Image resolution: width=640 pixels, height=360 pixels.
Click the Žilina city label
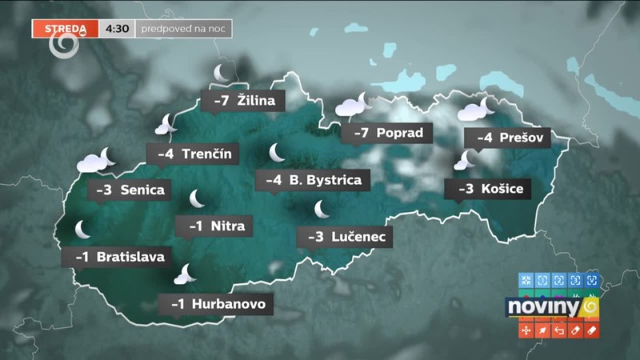tap(244, 101)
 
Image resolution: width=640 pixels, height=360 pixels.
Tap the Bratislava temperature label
tap(119, 257)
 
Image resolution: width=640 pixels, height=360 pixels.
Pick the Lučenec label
tap(346, 237)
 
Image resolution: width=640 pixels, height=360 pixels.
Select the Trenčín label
tap(192, 153)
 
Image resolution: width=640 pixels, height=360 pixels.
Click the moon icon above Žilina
tap(222, 74)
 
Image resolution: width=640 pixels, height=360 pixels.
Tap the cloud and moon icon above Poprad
tap(353, 104)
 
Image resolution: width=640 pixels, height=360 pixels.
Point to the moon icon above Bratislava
tap(83, 230)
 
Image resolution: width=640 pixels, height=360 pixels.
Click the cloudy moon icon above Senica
tap(96, 159)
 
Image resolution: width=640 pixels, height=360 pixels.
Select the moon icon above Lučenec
tap(322, 209)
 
